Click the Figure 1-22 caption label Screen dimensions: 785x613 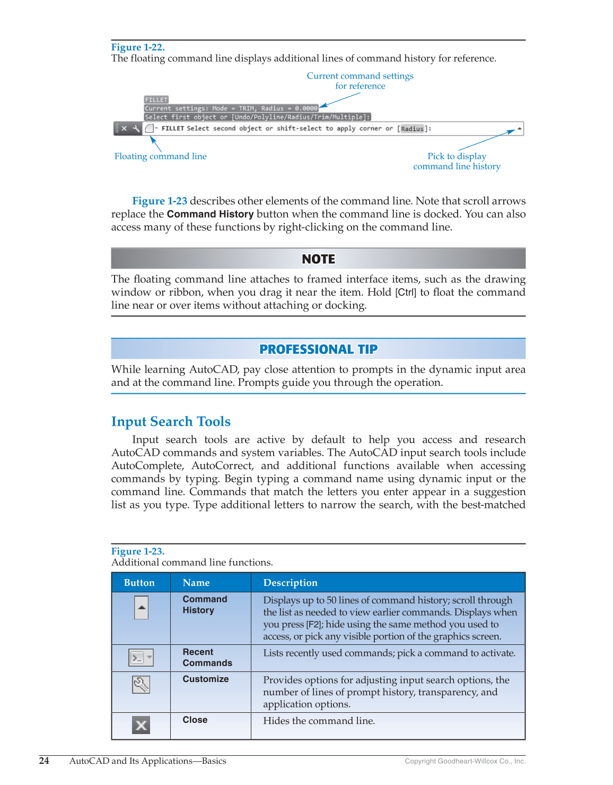(x=138, y=47)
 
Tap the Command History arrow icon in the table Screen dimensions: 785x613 (x=141, y=608)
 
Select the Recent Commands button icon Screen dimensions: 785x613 (x=141, y=658)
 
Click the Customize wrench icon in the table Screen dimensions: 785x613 (x=141, y=685)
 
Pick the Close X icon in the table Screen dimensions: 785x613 (x=141, y=725)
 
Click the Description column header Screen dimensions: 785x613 (x=290, y=583)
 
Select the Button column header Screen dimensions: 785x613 (x=139, y=583)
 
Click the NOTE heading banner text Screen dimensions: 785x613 (x=318, y=259)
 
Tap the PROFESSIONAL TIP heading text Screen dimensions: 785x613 (x=318, y=349)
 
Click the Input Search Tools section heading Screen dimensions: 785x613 (x=171, y=421)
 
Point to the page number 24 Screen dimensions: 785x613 (x=44, y=761)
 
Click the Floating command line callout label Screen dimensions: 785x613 (x=160, y=156)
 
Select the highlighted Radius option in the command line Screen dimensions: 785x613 (x=412, y=128)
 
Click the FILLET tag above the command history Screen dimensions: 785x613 (x=156, y=100)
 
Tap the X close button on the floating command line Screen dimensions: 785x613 (x=124, y=128)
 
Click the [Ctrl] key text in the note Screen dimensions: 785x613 (x=406, y=292)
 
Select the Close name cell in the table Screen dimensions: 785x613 (x=195, y=720)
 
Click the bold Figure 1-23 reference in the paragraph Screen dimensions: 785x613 (x=160, y=201)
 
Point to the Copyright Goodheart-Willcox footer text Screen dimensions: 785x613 (x=465, y=761)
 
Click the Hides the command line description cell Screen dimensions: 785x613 (x=319, y=721)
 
